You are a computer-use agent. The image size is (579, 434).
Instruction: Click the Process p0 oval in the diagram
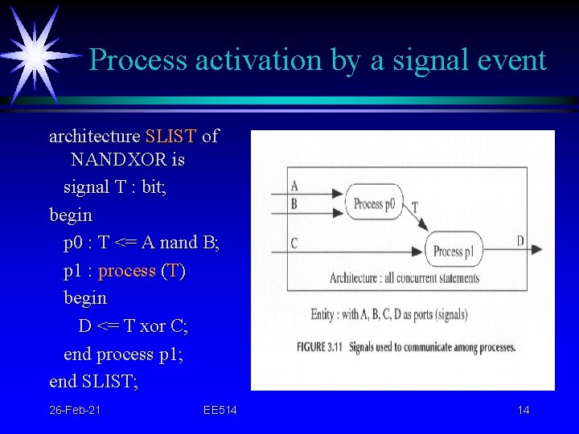[x=374, y=203]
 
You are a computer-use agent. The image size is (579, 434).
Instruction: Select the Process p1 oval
[x=454, y=251]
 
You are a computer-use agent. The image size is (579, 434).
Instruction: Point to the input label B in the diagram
[x=294, y=204]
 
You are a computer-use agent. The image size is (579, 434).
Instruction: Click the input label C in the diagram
[x=294, y=243]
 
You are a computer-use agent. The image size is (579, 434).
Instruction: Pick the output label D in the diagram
[x=520, y=240]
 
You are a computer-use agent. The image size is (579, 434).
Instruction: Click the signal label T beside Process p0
[x=414, y=207]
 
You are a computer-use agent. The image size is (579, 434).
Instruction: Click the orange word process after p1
[x=127, y=271]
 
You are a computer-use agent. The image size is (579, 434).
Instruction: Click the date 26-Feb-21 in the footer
[x=75, y=411]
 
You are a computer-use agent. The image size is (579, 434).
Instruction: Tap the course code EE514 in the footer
[x=220, y=411]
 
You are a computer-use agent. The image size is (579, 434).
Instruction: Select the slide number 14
[x=524, y=411]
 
